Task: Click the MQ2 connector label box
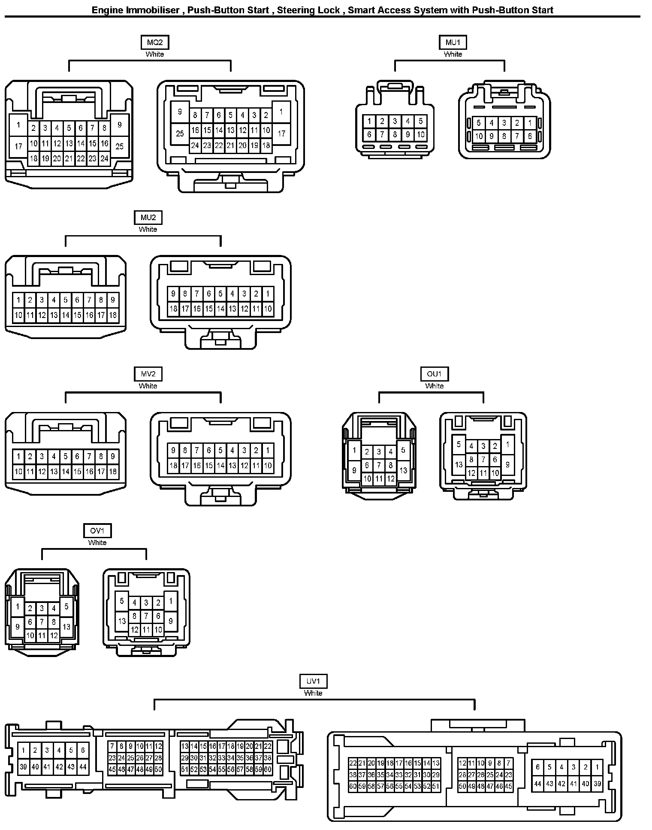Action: click(x=155, y=42)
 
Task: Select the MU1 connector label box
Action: click(x=453, y=42)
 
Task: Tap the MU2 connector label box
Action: click(x=148, y=218)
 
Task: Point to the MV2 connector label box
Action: click(x=148, y=374)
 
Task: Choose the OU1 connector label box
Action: click(x=434, y=374)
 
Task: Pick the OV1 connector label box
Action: click(x=97, y=531)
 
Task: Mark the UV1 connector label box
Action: click(x=313, y=681)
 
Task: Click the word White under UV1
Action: click(x=313, y=693)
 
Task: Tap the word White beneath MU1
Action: click(x=453, y=55)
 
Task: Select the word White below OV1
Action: click(x=97, y=543)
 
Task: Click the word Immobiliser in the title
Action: click(x=153, y=10)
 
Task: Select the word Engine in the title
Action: click(x=107, y=10)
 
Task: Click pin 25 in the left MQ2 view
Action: click(x=120, y=146)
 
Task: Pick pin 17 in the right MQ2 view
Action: click(x=281, y=134)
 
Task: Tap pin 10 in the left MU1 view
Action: click(x=420, y=134)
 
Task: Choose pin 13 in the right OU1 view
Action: click(x=459, y=464)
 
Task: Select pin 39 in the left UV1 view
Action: click(x=24, y=767)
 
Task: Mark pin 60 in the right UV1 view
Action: click(x=353, y=787)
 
